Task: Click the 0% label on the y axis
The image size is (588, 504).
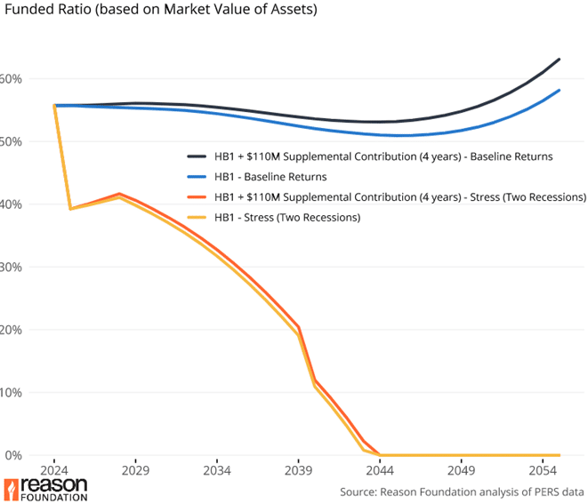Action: (x=11, y=455)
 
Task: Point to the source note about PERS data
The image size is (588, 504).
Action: (x=462, y=492)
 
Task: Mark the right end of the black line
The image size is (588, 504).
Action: (x=559, y=60)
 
